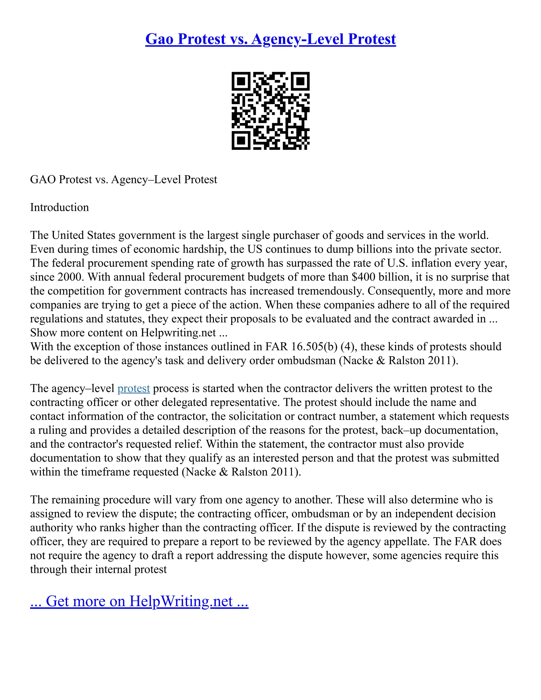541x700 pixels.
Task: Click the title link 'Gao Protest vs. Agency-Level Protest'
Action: pyautogui.click(x=270, y=39)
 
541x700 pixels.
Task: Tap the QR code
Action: pyautogui.click(x=270, y=111)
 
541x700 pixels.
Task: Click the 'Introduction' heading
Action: pyautogui.click(x=59, y=207)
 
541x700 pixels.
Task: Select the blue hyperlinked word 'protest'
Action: pyautogui.click(x=134, y=389)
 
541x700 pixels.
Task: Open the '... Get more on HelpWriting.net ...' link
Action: pyautogui.click(x=139, y=601)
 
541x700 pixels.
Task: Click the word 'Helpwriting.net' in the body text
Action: pyautogui.click(x=178, y=333)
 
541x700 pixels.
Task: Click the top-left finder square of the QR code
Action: pyautogui.click(x=241, y=81)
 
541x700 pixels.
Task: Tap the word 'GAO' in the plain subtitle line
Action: pyautogui.click(x=43, y=179)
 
